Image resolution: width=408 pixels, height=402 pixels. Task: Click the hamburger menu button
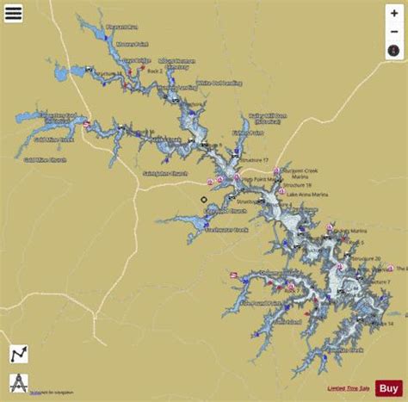coord(14,14)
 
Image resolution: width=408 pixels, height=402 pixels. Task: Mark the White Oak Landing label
coord(217,83)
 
